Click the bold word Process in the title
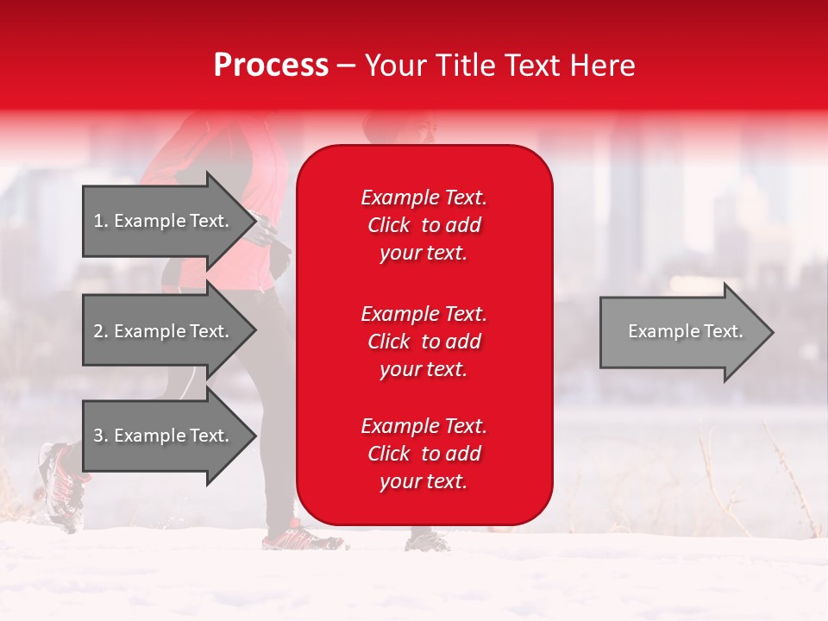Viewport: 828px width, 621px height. [x=271, y=66]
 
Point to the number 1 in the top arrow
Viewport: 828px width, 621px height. [x=98, y=221]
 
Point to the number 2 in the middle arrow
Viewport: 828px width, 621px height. [x=98, y=331]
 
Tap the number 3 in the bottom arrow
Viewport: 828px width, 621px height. [x=98, y=436]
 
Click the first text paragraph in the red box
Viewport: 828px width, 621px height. [x=423, y=225]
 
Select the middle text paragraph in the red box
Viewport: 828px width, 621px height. [x=423, y=342]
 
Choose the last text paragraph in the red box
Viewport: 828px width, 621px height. [x=423, y=454]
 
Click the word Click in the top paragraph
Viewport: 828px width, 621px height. [x=388, y=226]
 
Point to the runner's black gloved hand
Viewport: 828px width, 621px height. [x=278, y=257]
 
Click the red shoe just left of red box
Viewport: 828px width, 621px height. [x=298, y=538]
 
